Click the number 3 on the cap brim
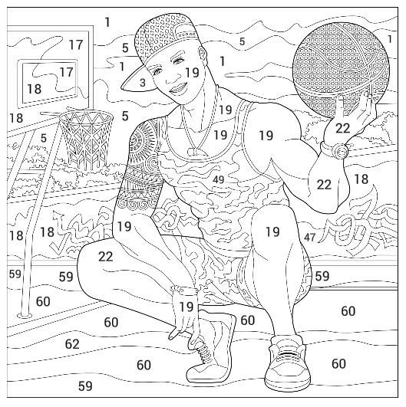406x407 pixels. click(143, 83)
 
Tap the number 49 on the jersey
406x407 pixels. click(218, 179)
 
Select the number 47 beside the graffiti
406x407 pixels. click(309, 237)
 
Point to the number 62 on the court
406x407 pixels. click(72, 344)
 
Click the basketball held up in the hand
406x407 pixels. click(342, 70)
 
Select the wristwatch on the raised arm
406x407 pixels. click(335, 149)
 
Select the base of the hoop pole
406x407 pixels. click(25, 315)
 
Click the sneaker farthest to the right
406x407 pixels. click(287, 363)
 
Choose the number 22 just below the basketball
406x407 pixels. click(342, 128)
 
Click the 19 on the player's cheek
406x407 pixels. click(192, 72)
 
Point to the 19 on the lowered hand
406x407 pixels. click(186, 307)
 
